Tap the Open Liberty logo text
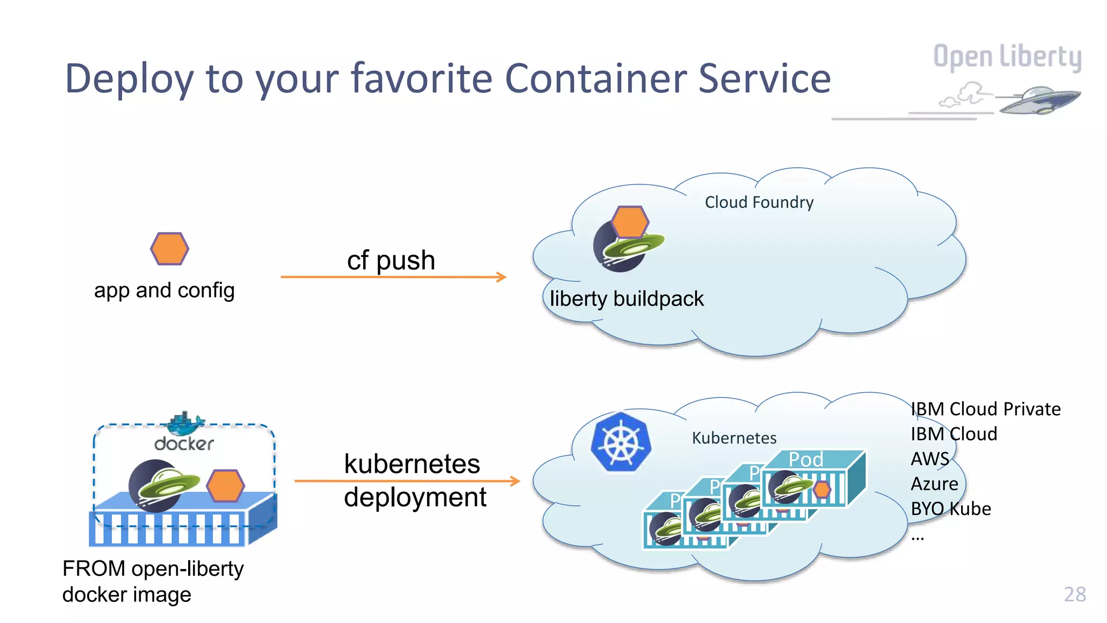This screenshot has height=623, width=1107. point(1006,57)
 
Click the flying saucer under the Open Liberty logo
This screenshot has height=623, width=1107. point(1039,100)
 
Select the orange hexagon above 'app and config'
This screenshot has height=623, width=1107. point(170,249)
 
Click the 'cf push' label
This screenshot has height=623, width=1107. point(391,260)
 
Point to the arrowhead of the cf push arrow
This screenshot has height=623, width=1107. point(502,277)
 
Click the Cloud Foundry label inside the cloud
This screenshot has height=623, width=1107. point(759,202)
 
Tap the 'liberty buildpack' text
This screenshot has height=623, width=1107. point(626,299)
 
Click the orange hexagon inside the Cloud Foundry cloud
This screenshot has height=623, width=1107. point(630,222)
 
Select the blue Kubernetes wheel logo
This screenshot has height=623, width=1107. point(621,443)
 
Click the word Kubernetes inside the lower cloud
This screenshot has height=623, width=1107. point(734,438)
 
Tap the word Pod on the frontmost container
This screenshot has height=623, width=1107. point(805,459)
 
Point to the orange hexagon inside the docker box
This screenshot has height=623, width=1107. point(225,485)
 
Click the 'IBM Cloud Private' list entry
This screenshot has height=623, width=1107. point(985,409)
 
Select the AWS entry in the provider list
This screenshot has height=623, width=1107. point(930,459)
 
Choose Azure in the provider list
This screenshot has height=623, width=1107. point(934,483)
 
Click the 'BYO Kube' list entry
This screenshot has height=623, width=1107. point(950,508)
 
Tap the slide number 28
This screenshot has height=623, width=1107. point(1075,594)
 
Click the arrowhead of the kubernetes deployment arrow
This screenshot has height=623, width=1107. point(516,480)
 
